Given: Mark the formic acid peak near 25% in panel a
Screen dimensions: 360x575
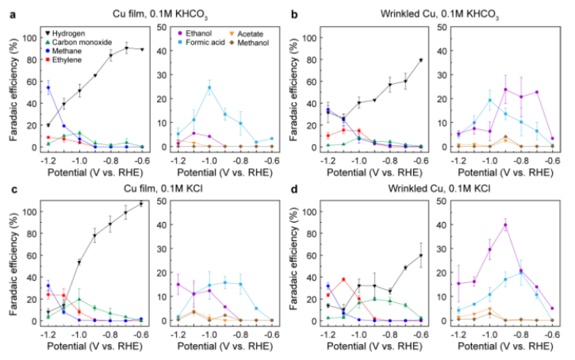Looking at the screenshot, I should (210, 87).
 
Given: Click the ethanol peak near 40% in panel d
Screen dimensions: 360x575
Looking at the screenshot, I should (505, 225).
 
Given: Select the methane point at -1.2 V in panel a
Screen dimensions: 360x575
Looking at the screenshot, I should (48, 87).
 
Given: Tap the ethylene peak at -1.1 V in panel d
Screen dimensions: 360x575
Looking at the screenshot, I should (343, 279).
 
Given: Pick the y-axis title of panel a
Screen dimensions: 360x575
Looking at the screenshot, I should (12, 89).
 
